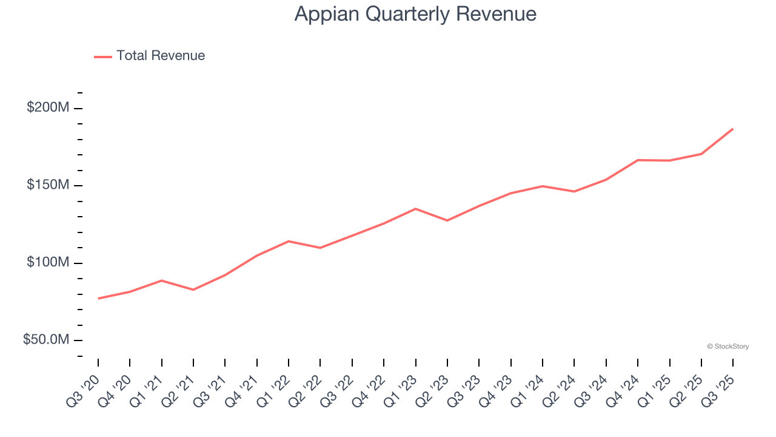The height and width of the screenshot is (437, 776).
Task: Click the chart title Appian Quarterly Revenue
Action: pos(415,14)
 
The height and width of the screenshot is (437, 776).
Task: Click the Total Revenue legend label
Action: pos(161,56)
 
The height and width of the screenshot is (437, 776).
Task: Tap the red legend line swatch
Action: pos(103,56)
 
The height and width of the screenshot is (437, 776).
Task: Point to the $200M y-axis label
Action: pos(48,108)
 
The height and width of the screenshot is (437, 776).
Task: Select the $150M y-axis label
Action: pos(48,185)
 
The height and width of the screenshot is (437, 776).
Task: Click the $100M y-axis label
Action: pos(48,263)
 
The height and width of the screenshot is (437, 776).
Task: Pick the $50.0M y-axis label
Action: pos(46,340)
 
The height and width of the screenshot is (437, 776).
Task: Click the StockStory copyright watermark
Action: pos(727,347)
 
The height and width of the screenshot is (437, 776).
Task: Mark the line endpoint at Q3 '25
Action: pos(733,129)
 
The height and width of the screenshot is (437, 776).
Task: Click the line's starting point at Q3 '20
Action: pos(98,298)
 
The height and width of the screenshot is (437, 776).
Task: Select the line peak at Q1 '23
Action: pos(415,209)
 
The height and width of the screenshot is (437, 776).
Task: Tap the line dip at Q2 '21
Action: pos(193,290)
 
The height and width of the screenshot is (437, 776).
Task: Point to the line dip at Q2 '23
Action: pos(447,220)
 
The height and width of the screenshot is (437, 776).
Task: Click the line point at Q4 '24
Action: pos(638,160)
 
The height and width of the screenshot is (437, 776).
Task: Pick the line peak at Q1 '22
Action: pos(289,241)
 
